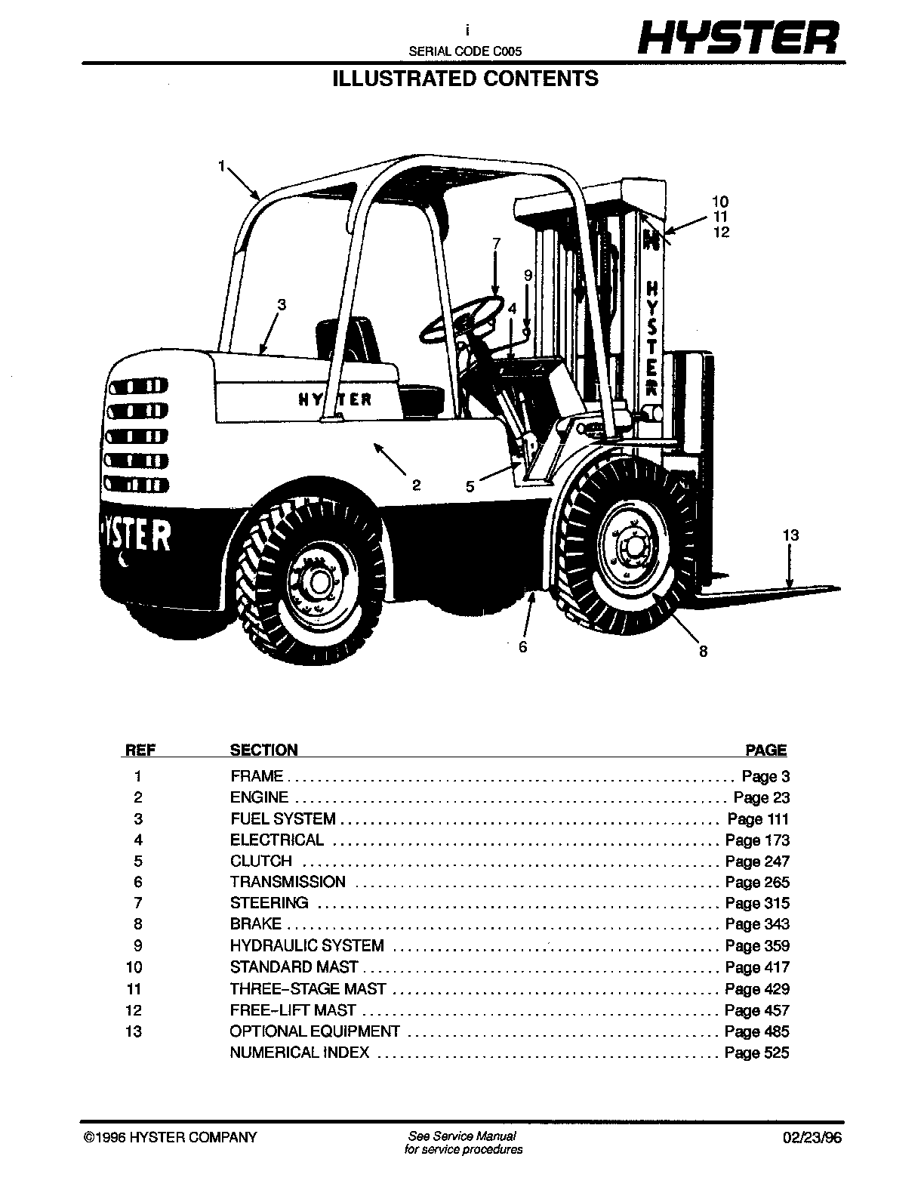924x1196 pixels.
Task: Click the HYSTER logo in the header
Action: pyautogui.click(x=738, y=38)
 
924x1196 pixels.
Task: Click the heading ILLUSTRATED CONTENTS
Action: pyautogui.click(x=466, y=79)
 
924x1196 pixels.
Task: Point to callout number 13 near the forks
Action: pyautogui.click(x=791, y=535)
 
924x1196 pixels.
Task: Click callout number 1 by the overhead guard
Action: pyautogui.click(x=222, y=165)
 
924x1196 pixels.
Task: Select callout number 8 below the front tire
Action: pyautogui.click(x=704, y=652)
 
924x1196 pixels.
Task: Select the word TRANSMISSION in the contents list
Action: pyautogui.click(x=288, y=882)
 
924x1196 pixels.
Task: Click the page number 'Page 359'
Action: pyautogui.click(x=757, y=945)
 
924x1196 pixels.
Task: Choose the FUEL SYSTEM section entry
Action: pyautogui.click(x=283, y=818)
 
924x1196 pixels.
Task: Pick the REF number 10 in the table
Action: pyautogui.click(x=134, y=967)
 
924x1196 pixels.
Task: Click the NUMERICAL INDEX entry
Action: pyautogui.click(x=300, y=1053)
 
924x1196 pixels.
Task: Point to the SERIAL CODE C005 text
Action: pyautogui.click(x=465, y=51)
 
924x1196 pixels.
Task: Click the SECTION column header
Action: pyautogui.click(x=263, y=750)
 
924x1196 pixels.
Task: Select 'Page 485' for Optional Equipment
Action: pyautogui.click(x=757, y=1031)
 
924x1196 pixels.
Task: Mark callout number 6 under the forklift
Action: pyautogui.click(x=523, y=647)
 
